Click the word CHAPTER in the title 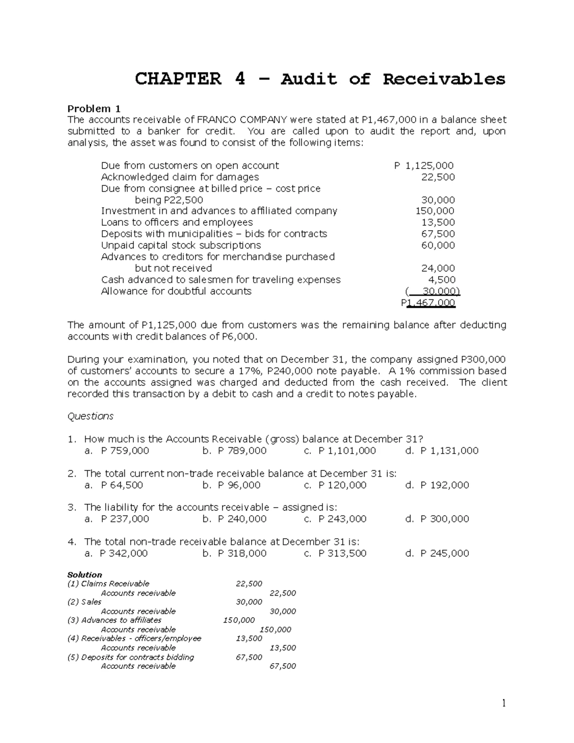(178, 78)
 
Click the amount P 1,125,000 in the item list (424, 166)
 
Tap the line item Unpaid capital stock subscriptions (181, 245)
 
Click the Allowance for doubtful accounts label (176, 291)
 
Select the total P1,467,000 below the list (428, 303)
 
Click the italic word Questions (90, 416)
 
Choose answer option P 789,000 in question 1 (242, 451)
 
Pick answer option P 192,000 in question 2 (444, 485)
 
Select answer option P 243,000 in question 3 (342, 519)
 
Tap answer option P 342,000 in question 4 (123, 554)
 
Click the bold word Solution (85, 575)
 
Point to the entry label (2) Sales (84, 602)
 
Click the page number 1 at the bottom (503, 703)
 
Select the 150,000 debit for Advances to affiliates (239, 620)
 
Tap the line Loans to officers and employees (177, 222)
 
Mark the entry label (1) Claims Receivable (108, 584)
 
